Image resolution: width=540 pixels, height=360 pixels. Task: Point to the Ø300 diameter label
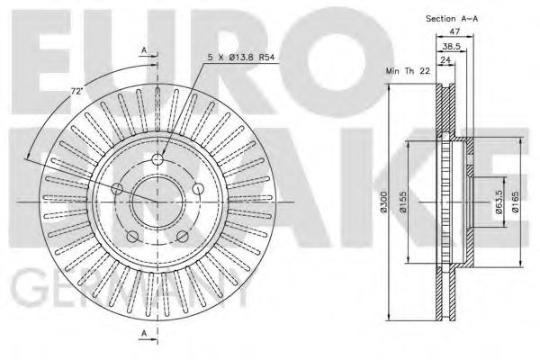(x=383, y=205)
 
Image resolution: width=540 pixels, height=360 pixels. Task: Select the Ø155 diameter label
(x=405, y=205)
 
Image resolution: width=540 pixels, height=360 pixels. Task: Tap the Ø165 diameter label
(x=516, y=205)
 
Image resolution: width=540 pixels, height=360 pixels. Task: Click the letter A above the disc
(x=144, y=51)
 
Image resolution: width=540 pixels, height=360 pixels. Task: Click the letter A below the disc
(x=144, y=335)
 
